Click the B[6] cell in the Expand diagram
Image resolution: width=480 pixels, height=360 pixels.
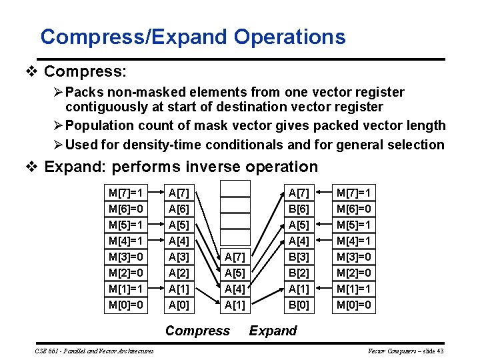pos(298,209)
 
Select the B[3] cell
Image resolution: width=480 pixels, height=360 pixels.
pos(298,257)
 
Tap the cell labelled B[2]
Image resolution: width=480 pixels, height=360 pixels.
pos(298,273)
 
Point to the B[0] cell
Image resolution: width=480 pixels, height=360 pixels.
pos(298,305)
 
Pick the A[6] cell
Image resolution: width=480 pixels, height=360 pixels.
pos(179,209)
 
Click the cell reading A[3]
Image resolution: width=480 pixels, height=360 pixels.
pos(179,257)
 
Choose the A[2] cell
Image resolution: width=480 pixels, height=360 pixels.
pos(179,273)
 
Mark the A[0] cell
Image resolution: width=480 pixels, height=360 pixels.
pos(179,305)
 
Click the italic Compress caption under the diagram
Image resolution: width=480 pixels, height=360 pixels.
pos(197,331)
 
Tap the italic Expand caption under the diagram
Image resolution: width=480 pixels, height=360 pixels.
pos(273,331)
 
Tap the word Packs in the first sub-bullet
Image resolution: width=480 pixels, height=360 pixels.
pos(83,92)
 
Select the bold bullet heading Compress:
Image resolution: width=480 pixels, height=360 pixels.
pos(85,70)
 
